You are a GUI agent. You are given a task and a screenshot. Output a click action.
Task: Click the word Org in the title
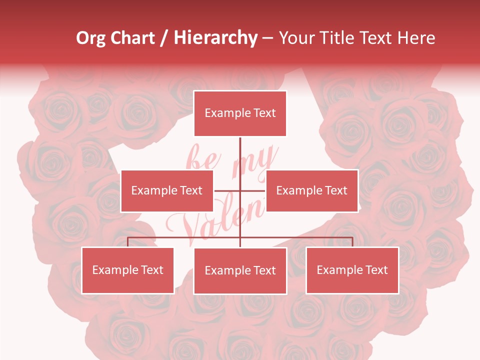click(x=90, y=38)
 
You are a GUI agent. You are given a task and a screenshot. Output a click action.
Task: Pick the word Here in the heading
click(x=416, y=38)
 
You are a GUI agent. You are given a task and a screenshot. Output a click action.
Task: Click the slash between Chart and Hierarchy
click(x=164, y=38)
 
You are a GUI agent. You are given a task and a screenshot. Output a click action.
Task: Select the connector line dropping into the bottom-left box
click(x=128, y=242)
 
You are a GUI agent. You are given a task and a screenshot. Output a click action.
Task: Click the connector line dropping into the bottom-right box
click(x=352, y=242)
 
